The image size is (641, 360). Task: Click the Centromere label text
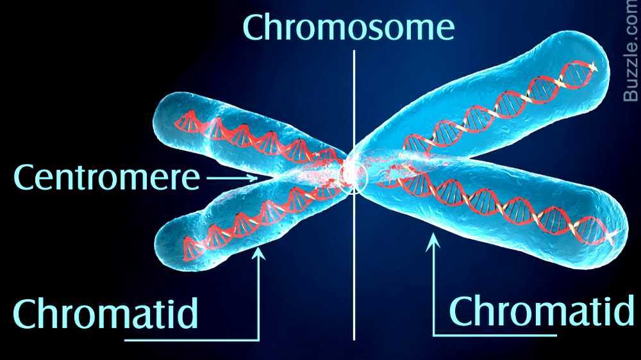click(106, 177)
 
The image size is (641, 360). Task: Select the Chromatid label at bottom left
click(106, 313)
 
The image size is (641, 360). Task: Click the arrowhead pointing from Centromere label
click(254, 179)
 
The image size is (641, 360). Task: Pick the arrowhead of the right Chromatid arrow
click(434, 240)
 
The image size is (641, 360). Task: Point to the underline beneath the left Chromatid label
click(192, 339)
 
